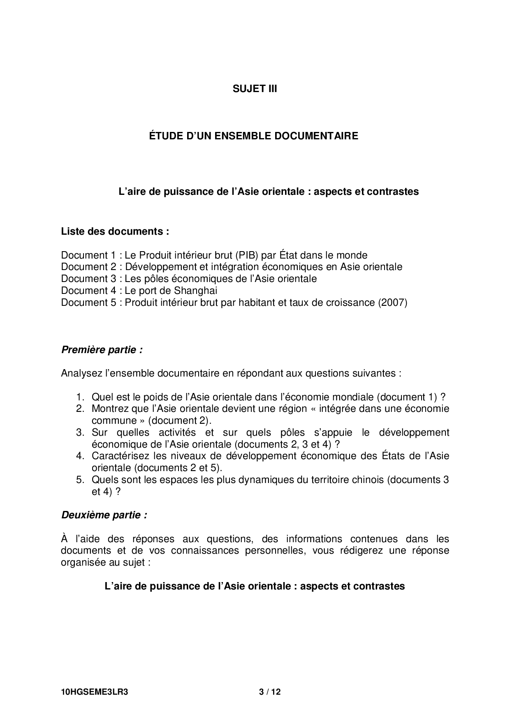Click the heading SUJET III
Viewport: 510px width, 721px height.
point(255,89)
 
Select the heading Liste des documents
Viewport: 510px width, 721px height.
point(115,231)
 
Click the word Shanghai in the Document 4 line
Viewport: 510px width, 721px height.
point(195,291)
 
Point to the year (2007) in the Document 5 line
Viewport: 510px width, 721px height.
point(392,303)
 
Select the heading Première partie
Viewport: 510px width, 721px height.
point(102,350)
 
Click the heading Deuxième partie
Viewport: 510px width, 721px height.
point(104,515)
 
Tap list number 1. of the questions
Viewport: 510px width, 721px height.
point(80,397)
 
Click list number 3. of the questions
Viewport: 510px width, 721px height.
point(80,432)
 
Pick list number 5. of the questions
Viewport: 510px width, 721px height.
point(80,480)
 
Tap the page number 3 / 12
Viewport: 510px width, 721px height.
point(270,692)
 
